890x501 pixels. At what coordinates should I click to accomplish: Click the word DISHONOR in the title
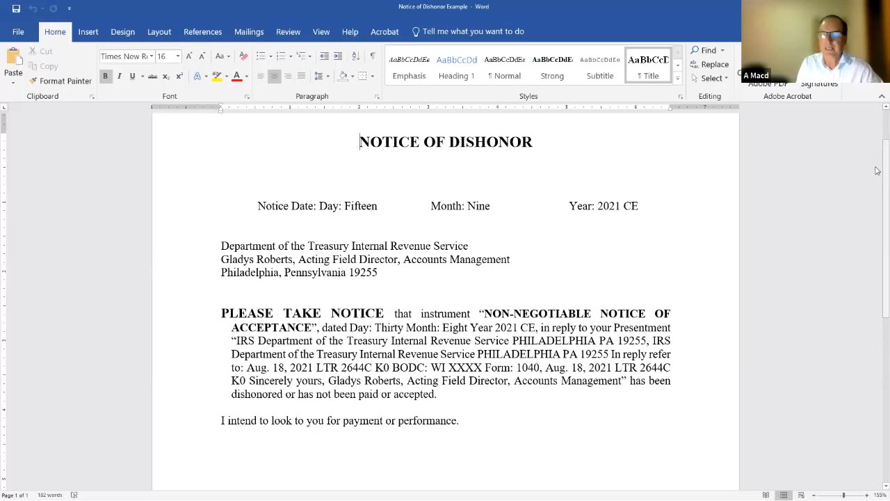[490, 142]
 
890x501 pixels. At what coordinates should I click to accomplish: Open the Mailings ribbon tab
[249, 31]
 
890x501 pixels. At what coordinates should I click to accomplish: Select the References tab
[202, 31]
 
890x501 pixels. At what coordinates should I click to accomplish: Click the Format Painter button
[60, 81]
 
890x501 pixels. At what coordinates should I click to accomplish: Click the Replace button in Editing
[710, 64]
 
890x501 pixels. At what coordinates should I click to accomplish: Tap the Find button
[708, 50]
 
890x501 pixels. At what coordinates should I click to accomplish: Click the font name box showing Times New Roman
[124, 56]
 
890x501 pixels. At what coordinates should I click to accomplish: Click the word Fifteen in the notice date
[360, 206]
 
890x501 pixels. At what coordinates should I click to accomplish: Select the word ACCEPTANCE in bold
[271, 328]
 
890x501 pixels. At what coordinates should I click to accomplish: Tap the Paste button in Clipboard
[13, 67]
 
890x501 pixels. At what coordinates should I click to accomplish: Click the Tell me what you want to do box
[473, 31]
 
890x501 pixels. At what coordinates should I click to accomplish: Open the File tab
[18, 31]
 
